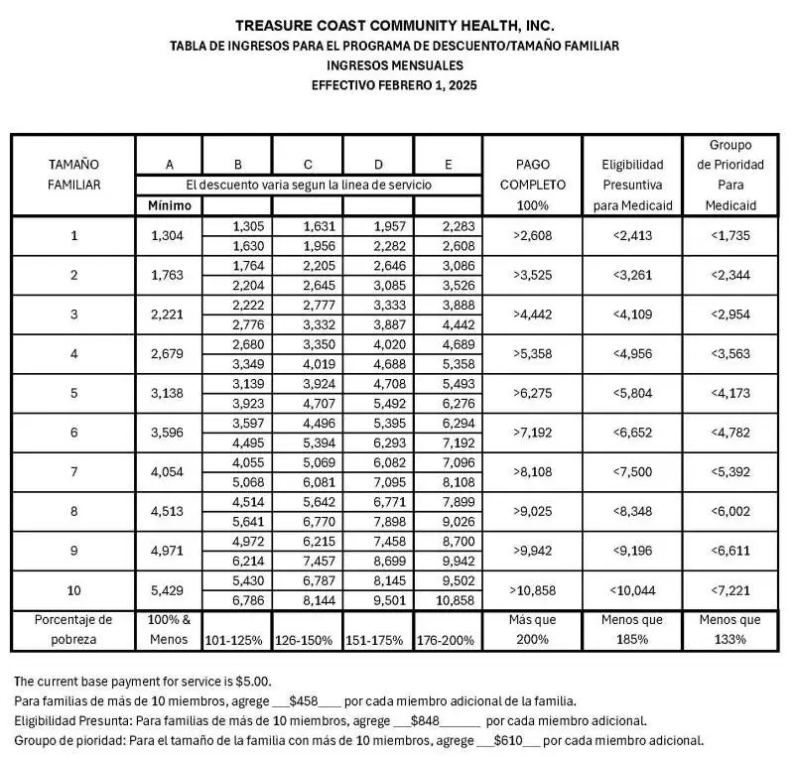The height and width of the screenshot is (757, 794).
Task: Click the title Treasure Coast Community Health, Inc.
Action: tap(395, 25)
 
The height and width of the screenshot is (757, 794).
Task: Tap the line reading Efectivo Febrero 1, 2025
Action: tap(395, 85)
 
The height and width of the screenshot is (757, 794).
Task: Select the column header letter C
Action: tap(309, 164)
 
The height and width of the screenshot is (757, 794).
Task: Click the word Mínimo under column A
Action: tap(169, 205)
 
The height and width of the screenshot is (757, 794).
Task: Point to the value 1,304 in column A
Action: tap(169, 236)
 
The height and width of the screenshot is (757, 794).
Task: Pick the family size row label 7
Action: tap(73, 471)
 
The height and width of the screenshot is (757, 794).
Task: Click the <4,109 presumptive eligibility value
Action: tap(631, 315)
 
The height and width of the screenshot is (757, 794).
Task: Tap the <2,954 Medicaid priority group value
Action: tap(730, 315)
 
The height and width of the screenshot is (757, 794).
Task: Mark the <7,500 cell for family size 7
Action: tap(631, 471)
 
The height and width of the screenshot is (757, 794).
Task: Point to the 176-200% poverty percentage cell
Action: tap(448, 640)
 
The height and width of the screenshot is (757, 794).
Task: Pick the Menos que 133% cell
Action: tap(730, 629)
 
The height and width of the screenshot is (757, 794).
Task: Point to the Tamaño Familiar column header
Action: tap(73, 175)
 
